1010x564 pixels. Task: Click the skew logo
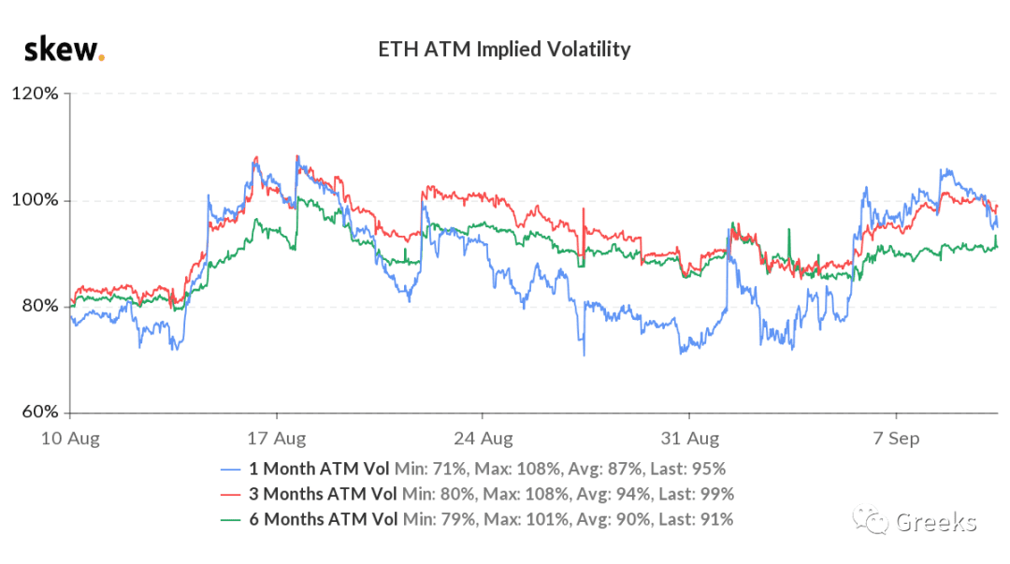pyautogui.click(x=65, y=49)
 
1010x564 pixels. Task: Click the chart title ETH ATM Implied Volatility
pyautogui.click(x=504, y=50)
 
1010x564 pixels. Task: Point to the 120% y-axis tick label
pyautogui.click(x=35, y=94)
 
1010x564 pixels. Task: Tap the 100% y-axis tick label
pyautogui.click(x=35, y=200)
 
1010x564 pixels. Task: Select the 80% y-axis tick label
pyautogui.click(x=40, y=306)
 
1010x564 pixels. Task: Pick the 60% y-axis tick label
pyautogui.click(x=40, y=412)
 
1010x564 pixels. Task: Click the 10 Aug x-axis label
pyautogui.click(x=70, y=439)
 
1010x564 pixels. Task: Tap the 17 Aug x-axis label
pyautogui.click(x=276, y=439)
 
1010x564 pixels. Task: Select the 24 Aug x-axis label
pyautogui.click(x=483, y=439)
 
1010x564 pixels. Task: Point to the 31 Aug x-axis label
pyautogui.click(x=690, y=439)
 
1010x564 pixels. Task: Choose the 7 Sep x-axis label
pyautogui.click(x=896, y=439)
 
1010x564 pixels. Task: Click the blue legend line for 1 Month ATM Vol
pyautogui.click(x=230, y=470)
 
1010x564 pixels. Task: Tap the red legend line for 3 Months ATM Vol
pyautogui.click(x=230, y=495)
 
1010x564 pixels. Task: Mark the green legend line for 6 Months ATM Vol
pyautogui.click(x=230, y=520)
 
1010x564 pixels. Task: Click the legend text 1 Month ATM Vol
pyautogui.click(x=319, y=469)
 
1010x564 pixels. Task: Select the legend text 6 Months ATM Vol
pyautogui.click(x=324, y=519)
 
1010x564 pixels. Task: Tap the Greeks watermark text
pyautogui.click(x=936, y=522)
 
